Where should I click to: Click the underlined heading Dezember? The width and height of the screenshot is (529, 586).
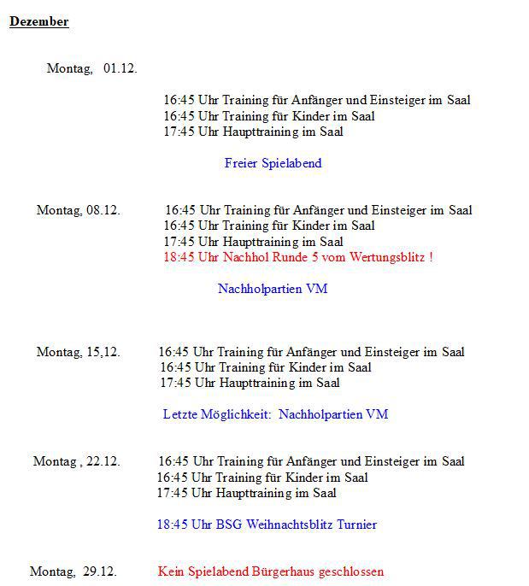pyautogui.click(x=38, y=22)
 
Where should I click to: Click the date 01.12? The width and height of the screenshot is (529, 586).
pyautogui.click(x=120, y=68)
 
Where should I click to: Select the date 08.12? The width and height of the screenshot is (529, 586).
pyautogui.click(x=103, y=210)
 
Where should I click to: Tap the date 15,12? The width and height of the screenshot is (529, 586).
pyautogui.click(x=103, y=352)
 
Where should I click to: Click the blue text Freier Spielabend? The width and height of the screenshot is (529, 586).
pyautogui.click(x=273, y=163)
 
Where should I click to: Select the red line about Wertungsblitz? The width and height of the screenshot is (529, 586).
pyautogui.click(x=297, y=257)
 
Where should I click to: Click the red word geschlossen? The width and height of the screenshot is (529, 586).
pyautogui.click(x=351, y=571)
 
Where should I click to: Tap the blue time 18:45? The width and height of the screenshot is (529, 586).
pyautogui.click(x=172, y=524)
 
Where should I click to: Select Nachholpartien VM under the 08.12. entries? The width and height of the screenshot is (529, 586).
pyautogui.click(x=273, y=289)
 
